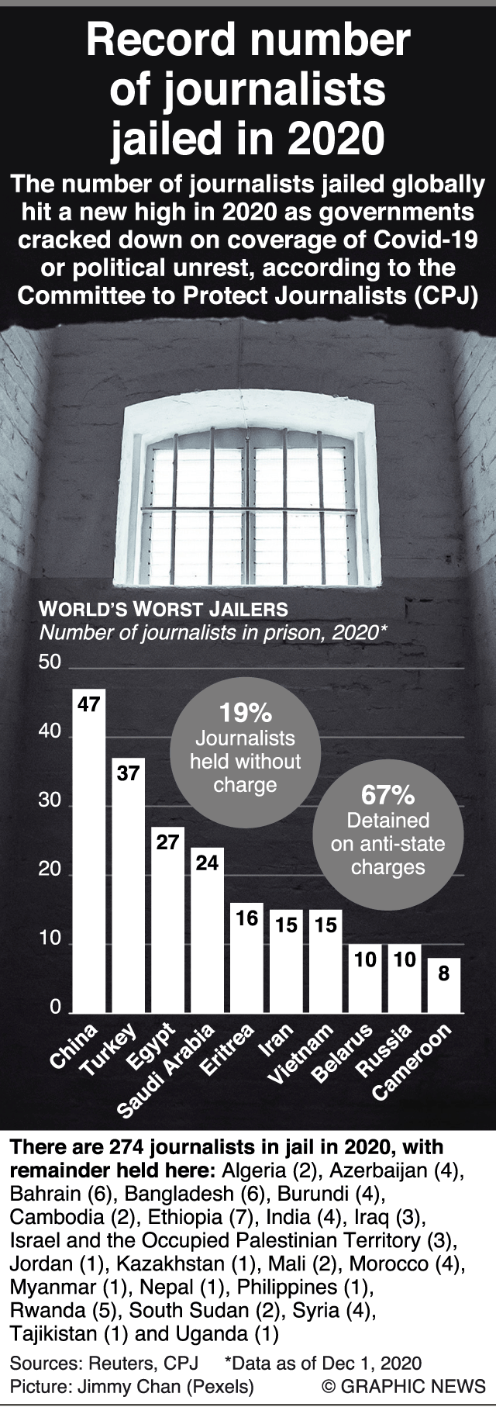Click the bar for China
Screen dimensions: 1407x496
click(x=89, y=853)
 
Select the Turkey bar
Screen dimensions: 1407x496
click(x=129, y=888)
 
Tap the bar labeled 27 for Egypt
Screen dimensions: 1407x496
click(x=168, y=923)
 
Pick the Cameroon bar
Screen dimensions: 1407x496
click(x=444, y=987)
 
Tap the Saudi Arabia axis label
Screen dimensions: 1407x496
click(x=166, y=1071)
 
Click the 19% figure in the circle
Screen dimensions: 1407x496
click(x=245, y=712)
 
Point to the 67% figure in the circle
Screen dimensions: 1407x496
click(x=387, y=795)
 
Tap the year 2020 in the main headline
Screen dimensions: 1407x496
click(x=336, y=138)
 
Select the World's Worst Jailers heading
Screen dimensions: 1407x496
click(x=164, y=609)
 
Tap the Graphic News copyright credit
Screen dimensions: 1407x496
click(x=404, y=1386)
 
